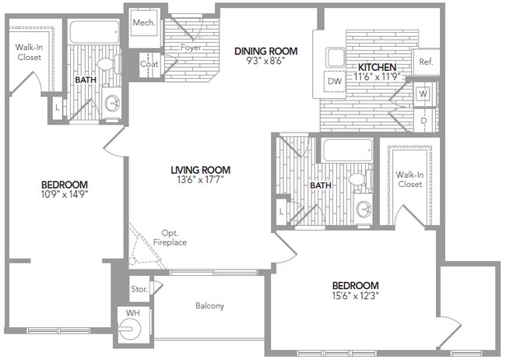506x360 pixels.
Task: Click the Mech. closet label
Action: click(x=142, y=23)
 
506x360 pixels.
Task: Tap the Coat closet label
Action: click(x=149, y=64)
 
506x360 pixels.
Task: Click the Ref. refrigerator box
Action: click(x=426, y=62)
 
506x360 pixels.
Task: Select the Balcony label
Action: click(x=209, y=306)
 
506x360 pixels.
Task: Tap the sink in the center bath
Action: click(x=363, y=209)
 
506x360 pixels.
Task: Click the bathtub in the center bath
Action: click(x=347, y=150)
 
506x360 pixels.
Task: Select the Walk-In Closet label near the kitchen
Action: click(x=409, y=179)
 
